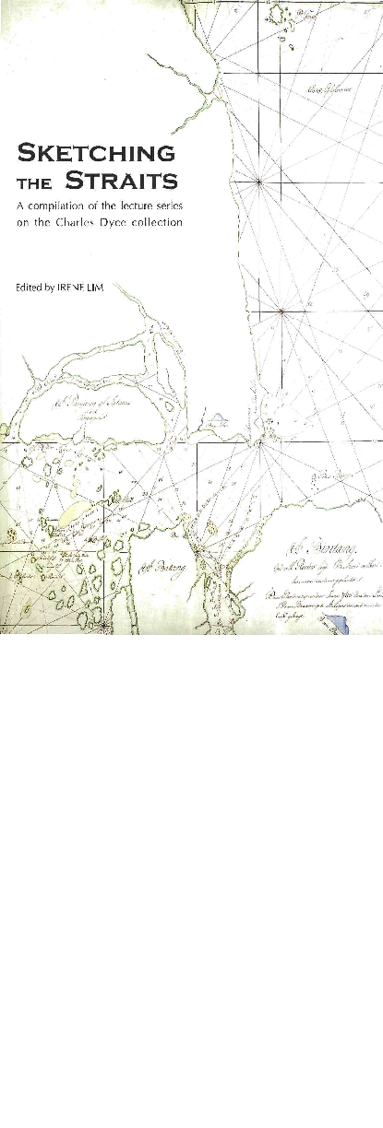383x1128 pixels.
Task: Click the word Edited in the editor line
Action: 25,287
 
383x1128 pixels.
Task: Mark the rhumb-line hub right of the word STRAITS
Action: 261,182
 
